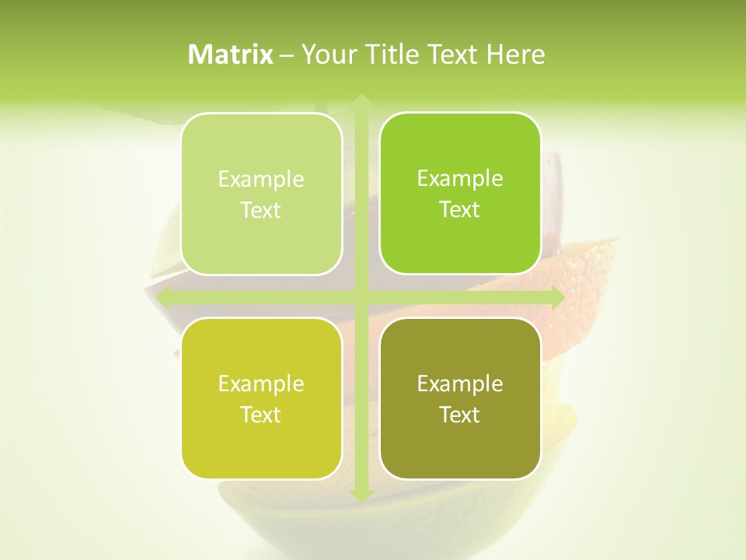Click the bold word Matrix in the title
point(231,54)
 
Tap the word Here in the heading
point(515,54)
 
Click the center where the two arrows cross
point(361,297)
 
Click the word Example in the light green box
point(261,180)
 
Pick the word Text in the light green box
point(261,211)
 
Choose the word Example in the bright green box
point(460,178)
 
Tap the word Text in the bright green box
point(460,210)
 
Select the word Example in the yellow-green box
point(261,383)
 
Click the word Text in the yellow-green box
point(261,415)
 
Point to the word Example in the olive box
point(460,383)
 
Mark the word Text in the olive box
point(460,415)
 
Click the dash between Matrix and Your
point(287,54)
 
